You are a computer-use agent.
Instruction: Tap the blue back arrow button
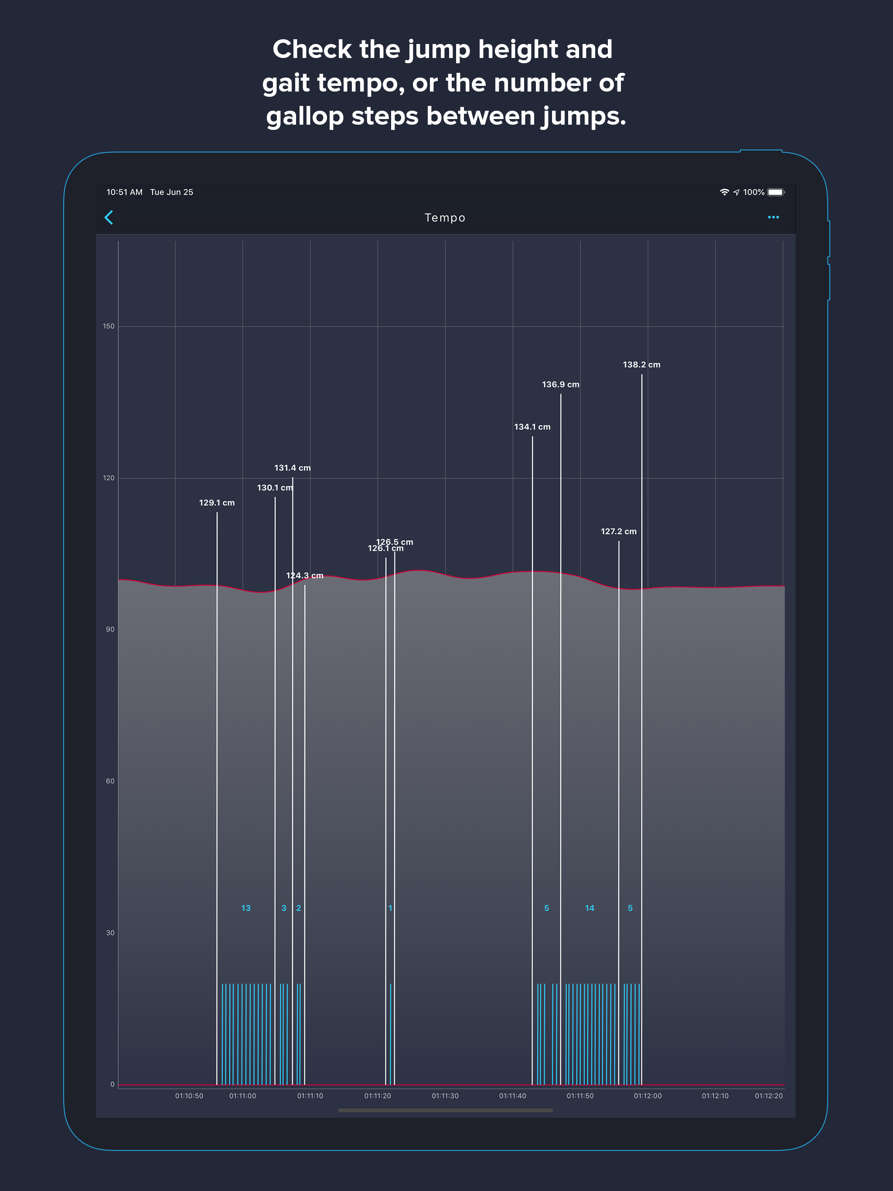coord(109,218)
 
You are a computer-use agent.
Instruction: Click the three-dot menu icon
coord(773,218)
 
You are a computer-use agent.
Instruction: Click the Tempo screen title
coord(445,218)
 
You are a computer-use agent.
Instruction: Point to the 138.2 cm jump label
coord(641,364)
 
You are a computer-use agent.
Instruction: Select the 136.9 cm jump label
coord(560,385)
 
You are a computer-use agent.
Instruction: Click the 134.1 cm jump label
coord(532,427)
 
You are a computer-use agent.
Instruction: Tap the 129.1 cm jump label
coord(217,503)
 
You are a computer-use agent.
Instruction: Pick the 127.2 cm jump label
coord(618,531)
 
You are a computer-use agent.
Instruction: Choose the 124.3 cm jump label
coord(304,575)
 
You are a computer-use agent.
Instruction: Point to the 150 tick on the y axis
coord(109,326)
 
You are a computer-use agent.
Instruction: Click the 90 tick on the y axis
coord(110,630)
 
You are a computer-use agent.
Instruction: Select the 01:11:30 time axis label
coord(445,1096)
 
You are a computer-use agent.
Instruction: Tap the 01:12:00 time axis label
coord(648,1096)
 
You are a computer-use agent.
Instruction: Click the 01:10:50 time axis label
coord(189,1096)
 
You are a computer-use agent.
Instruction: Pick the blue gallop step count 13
coord(245,909)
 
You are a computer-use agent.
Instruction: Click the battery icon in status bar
coord(776,192)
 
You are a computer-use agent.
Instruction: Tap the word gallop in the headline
coord(304,116)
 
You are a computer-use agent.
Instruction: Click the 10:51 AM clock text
coord(124,192)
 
